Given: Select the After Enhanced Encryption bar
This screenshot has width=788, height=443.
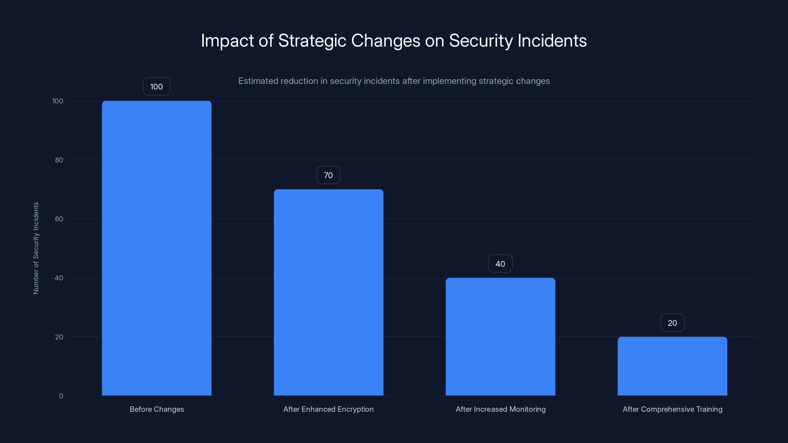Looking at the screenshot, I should tap(328, 292).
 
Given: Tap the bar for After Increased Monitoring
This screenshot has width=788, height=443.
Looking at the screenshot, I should tap(500, 337).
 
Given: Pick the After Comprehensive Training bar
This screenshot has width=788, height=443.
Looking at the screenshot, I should tap(672, 366).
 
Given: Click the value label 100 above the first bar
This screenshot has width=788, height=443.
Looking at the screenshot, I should tap(157, 87).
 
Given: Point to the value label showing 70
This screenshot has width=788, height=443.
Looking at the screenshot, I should tap(328, 175).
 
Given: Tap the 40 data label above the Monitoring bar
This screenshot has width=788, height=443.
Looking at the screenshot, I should tap(500, 264).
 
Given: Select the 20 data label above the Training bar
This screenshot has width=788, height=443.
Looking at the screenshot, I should tap(672, 323).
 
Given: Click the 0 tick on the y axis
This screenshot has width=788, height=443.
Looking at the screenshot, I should tap(61, 396).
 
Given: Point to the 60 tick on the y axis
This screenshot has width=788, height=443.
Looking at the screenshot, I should tap(59, 219).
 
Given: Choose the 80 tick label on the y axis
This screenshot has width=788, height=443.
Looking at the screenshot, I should tap(59, 160).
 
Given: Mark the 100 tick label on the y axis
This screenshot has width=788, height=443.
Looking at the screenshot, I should tap(58, 101).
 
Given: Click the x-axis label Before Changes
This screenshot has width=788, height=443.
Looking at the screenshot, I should tap(157, 409).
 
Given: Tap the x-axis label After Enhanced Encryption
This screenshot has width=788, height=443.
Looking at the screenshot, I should tap(328, 409).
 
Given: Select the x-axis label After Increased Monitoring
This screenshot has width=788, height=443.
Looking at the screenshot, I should tap(500, 409).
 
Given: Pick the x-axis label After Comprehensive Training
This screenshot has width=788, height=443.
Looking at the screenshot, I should tap(672, 409).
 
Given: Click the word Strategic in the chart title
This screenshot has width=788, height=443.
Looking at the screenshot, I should tap(312, 41).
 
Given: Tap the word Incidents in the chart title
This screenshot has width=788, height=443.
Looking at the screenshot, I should tap(552, 41).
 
